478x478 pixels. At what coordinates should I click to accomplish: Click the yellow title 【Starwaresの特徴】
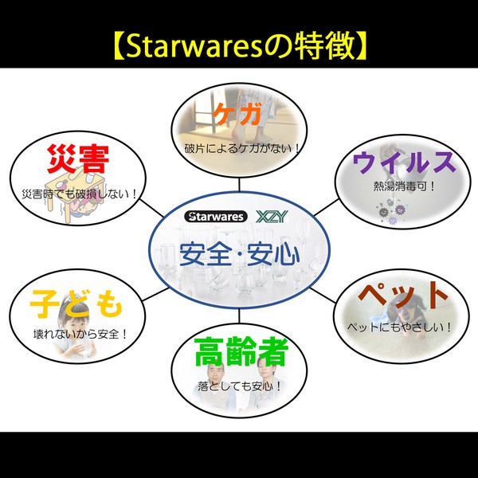(x=239, y=46)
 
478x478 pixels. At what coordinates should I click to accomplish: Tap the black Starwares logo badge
(x=216, y=217)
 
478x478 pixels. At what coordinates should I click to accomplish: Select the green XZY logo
(x=272, y=217)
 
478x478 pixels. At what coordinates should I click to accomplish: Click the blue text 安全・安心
(x=239, y=255)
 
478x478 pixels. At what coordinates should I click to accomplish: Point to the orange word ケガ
(x=237, y=114)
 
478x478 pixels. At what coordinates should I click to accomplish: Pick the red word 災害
(x=78, y=159)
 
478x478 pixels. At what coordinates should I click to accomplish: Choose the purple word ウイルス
(x=404, y=163)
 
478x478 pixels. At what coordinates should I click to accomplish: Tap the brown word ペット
(x=402, y=296)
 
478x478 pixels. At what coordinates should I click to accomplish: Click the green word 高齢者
(x=241, y=351)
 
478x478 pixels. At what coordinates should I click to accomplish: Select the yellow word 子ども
(x=76, y=303)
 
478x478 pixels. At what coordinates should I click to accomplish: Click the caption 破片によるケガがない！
(x=242, y=149)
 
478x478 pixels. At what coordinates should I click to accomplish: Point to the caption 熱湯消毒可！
(x=404, y=186)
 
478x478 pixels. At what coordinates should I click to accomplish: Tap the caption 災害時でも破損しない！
(x=79, y=194)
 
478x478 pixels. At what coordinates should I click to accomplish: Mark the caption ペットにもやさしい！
(x=399, y=327)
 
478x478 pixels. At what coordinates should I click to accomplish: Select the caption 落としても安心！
(x=239, y=386)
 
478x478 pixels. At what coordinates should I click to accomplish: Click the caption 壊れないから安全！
(x=80, y=334)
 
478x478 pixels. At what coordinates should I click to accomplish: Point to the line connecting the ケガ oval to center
(x=239, y=185)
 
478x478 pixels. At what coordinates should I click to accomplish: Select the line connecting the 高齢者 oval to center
(x=239, y=316)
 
